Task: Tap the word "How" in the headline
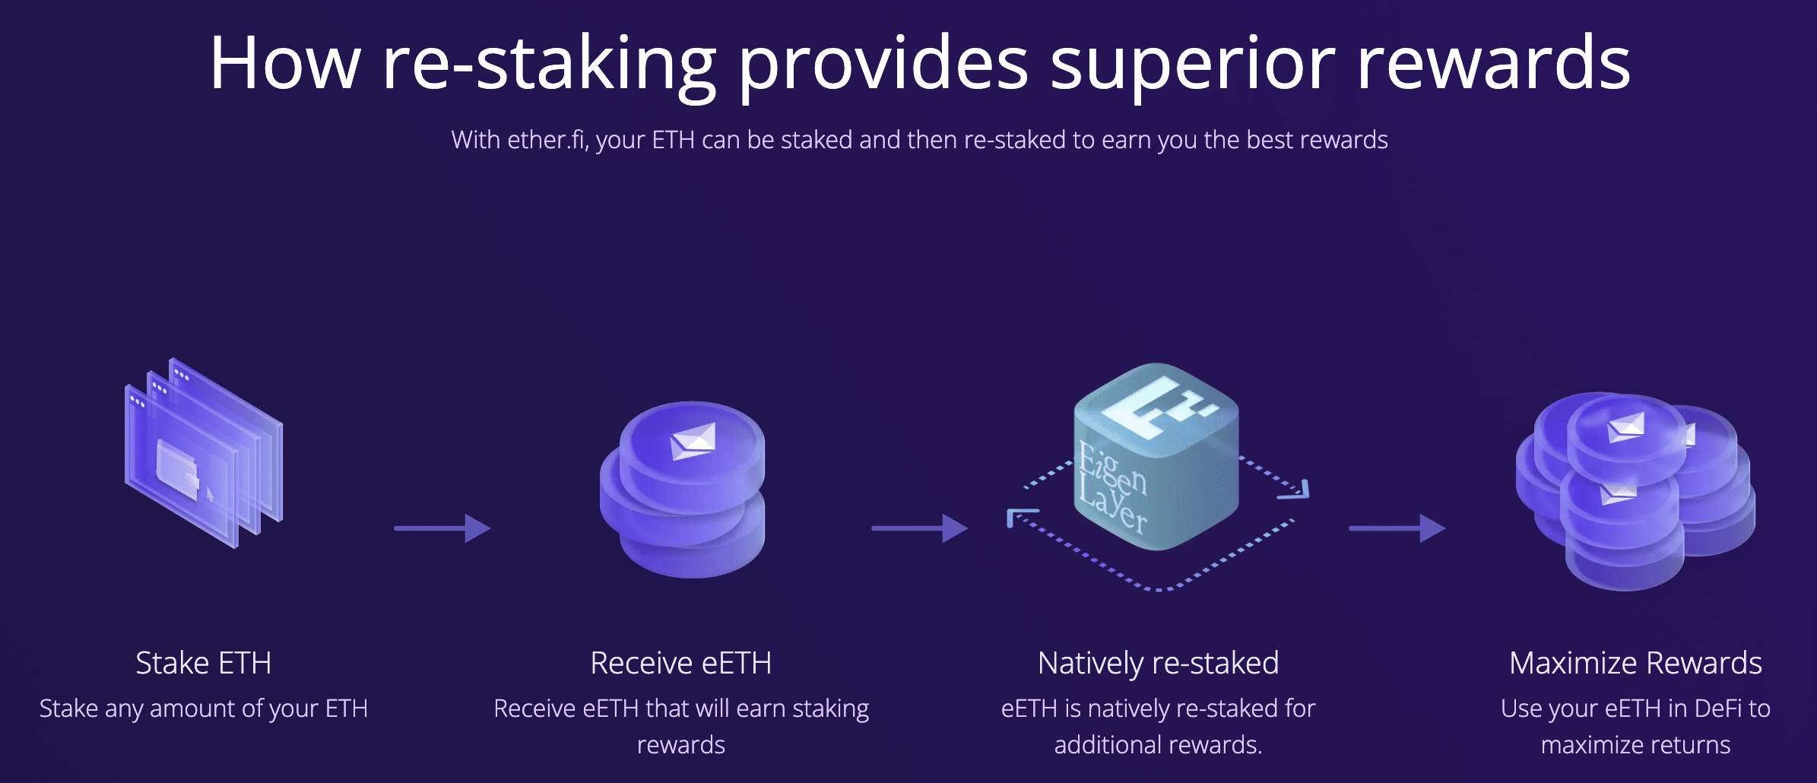(285, 64)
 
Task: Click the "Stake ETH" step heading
(203, 663)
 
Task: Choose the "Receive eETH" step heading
(680, 663)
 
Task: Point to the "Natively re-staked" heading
(1158, 664)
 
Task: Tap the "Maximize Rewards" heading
(1635, 664)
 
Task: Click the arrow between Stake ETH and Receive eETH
(442, 528)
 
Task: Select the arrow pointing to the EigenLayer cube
(919, 528)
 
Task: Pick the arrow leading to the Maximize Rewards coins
(1397, 528)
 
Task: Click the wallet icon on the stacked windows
(178, 468)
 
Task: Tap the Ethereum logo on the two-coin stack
(693, 440)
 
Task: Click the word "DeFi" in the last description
(1715, 709)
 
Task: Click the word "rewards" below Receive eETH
(680, 745)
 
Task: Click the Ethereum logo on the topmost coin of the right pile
(1626, 427)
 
